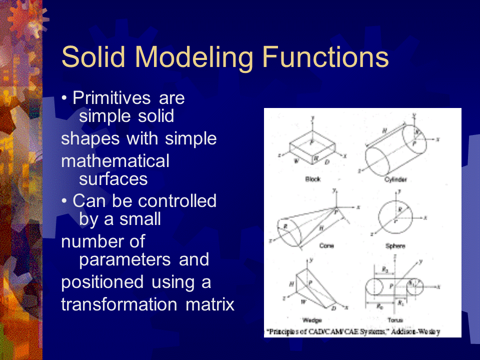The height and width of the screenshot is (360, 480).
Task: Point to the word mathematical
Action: (x=115, y=161)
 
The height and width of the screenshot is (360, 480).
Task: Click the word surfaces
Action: (x=113, y=178)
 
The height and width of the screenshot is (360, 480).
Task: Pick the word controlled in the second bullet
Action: (x=177, y=200)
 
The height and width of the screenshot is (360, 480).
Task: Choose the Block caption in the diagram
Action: (x=312, y=179)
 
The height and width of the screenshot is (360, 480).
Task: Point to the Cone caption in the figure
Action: (x=326, y=246)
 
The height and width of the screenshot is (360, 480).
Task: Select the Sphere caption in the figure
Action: (x=395, y=246)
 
